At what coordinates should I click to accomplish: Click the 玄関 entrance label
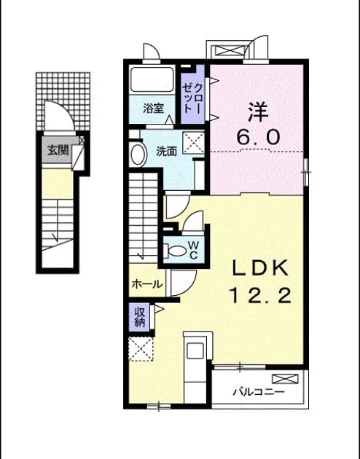coord(58,151)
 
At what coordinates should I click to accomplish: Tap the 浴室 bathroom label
coord(153,109)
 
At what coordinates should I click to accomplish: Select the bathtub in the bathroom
coord(152,79)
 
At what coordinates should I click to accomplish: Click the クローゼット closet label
coord(192,98)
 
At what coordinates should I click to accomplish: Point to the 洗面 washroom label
coord(166,151)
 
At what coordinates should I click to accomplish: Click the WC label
coord(193,250)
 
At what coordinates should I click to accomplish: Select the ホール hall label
coord(147,283)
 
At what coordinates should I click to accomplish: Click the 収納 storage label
coord(140,318)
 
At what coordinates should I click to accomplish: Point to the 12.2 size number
coord(261,295)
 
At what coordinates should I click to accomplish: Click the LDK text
coord(261,268)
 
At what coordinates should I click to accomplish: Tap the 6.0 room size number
coord(258,137)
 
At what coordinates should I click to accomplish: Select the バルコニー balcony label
coord(259,392)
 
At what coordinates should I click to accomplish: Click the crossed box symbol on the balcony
coord(285,379)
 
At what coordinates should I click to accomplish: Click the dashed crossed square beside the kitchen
coord(141,349)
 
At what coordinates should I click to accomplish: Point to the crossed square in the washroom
coord(193,143)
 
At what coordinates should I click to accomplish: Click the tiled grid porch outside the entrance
coord(63,101)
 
